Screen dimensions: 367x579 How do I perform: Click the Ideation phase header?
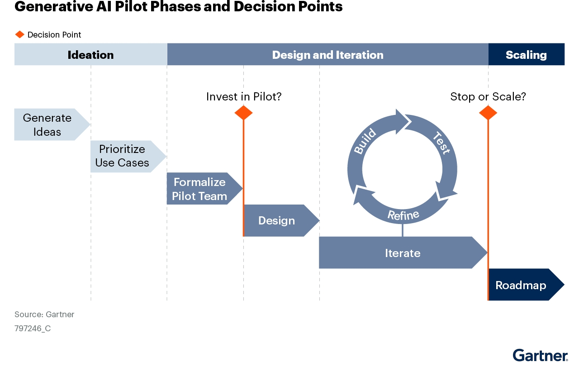coord(90,55)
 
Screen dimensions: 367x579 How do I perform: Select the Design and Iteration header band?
coord(327,55)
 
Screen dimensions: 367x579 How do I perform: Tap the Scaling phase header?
coord(526,55)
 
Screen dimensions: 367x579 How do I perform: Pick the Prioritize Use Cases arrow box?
coord(123,156)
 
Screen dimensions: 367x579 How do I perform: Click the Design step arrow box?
coord(277,220)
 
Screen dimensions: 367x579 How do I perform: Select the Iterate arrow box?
coord(402,253)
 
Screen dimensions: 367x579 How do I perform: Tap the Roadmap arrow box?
coord(521,285)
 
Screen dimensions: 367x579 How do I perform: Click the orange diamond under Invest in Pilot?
coord(243,113)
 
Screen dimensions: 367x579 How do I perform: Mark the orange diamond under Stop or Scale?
coord(488,113)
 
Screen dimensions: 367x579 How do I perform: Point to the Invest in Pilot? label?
coord(244,96)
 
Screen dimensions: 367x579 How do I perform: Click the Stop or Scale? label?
coord(488,96)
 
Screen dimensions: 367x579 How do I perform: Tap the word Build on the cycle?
coord(365,141)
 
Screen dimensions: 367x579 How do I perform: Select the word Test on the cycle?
coord(441,143)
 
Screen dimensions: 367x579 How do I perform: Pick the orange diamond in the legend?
coord(19,35)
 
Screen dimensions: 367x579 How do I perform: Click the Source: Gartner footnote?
coord(44,315)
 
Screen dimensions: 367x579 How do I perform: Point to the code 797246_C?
coord(33,329)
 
